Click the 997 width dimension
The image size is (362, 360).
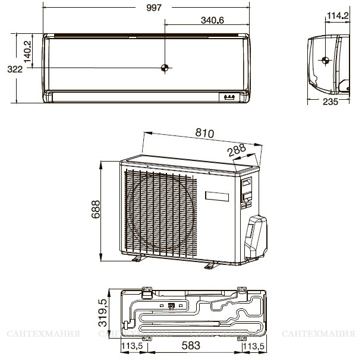pyautogui.click(x=154, y=8)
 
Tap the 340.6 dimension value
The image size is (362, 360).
pyautogui.click(x=212, y=20)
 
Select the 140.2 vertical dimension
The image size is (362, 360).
pyautogui.click(x=28, y=52)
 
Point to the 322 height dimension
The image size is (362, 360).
pyautogui.click(x=15, y=69)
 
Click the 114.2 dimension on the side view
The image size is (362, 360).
pyautogui.click(x=338, y=15)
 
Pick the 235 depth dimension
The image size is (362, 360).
pyautogui.click(x=330, y=102)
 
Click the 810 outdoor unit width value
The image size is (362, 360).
pyautogui.click(x=205, y=133)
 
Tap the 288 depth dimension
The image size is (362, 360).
pyautogui.click(x=237, y=150)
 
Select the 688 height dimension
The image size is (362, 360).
pyautogui.click(x=96, y=209)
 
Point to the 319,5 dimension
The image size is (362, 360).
pyautogui.click(x=103, y=312)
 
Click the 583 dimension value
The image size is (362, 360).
pyautogui.click(x=191, y=346)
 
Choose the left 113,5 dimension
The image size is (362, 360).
pyautogui.click(x=133, y=346)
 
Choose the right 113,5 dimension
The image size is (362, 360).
pyautogui.click(x=253, y=346)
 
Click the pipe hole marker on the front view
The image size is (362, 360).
pyautogui.click(x=165, y=68)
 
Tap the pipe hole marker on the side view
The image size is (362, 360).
pyautogui.click(x=325, y=61)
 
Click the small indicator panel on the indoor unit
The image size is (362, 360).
pyautogui.click(x=229, y=97)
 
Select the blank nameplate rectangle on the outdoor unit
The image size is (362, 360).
pyautogui.click(x=217, y=197)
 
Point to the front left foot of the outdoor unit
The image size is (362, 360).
pyautogui.click(x=138, y=258)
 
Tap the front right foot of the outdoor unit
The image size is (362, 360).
pyautogui.click(x=211, y=266)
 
